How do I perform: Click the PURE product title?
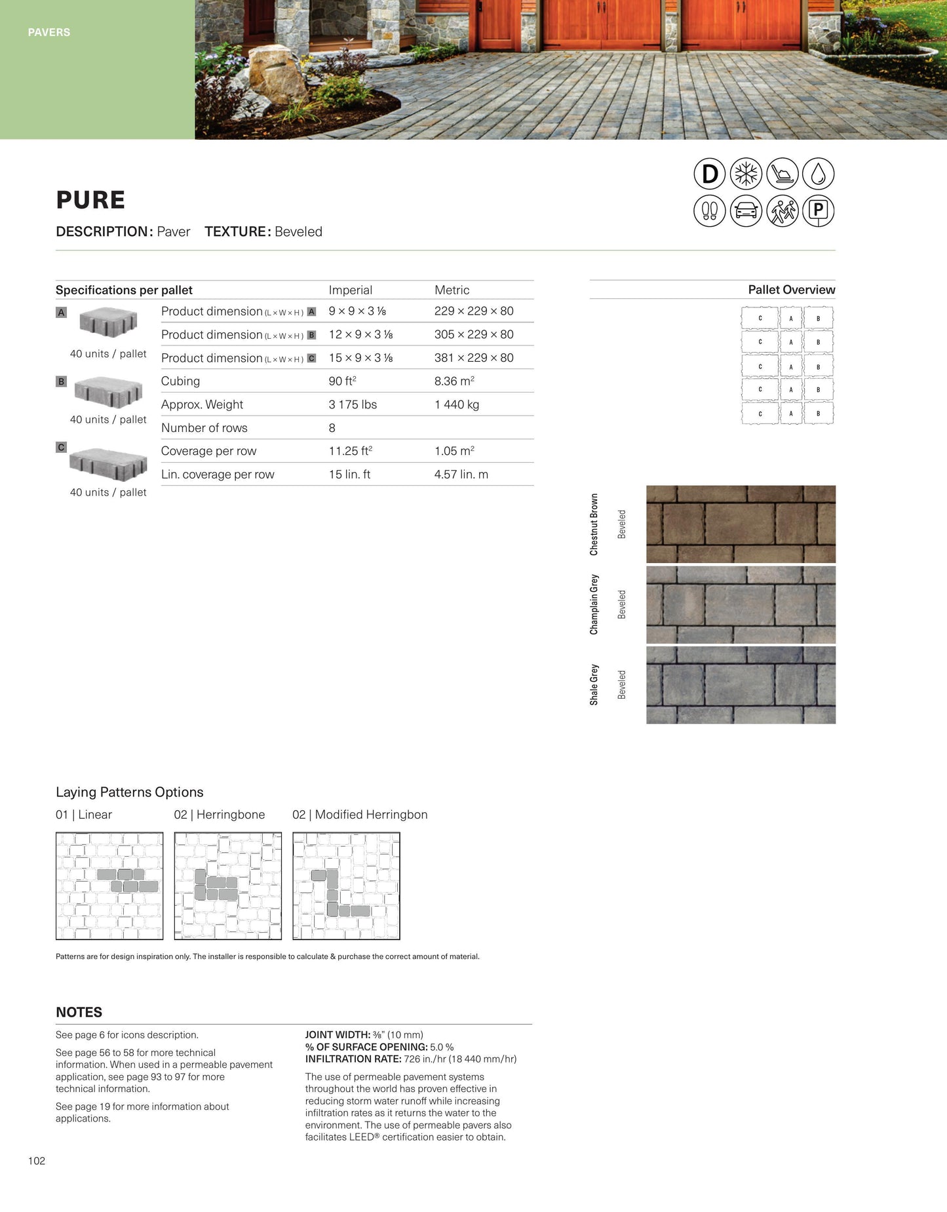(90, 200)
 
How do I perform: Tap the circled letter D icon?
(710, 174)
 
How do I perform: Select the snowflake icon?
(746, 174)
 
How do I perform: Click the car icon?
(746, 211)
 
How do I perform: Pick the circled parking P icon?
(819, 211)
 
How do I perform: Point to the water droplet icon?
(819, 174)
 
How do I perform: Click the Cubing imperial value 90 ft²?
(342, 381)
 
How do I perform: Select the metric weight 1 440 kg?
(457, 404)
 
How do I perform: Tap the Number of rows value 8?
(332, 428)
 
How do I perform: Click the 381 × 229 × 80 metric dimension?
(474, 358)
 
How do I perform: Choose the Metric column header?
(452, 290)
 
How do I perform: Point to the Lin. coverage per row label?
(218, 475)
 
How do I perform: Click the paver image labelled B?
(108, 392)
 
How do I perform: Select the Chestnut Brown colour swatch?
(741, 524)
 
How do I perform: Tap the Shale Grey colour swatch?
(741, 685)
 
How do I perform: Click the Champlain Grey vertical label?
(594, 604)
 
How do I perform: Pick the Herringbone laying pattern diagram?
(228, 886)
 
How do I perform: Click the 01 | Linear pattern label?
(84, 815)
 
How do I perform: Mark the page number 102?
(37, 1161)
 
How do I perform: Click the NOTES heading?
(79, 1012)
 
